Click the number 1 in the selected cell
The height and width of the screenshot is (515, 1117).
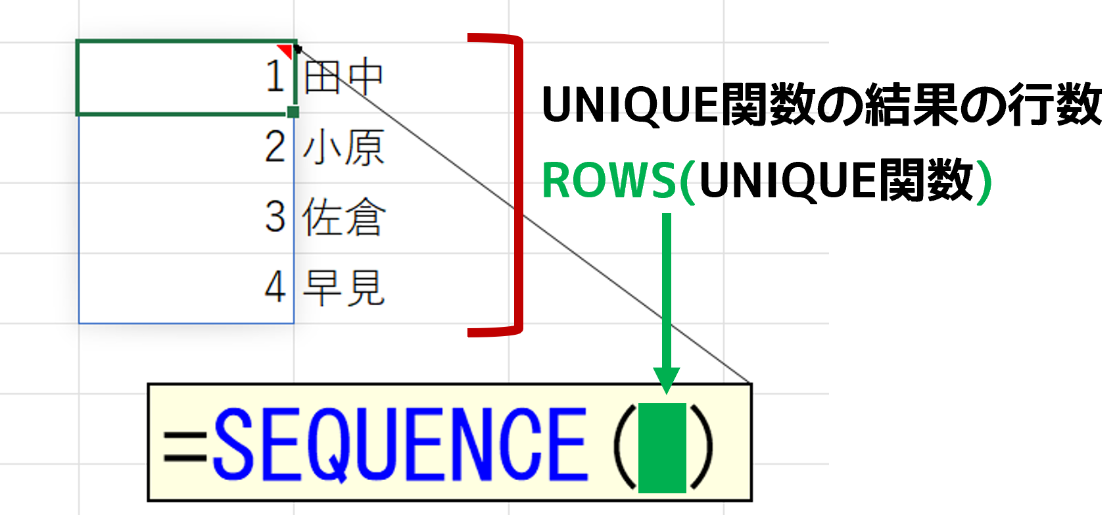click(275, 76)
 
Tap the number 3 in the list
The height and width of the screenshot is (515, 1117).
click(275, 217)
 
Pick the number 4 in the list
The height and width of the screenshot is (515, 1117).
click(275, 287)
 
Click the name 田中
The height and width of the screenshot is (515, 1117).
click(343, 77)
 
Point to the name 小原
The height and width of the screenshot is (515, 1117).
click(343, 147)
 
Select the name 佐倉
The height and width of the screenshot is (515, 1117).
click(343, 217)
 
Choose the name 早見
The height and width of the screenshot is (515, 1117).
click(343, 287)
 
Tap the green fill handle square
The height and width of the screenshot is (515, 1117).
click(293, 112)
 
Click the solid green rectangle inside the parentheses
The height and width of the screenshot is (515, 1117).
click(662, 448)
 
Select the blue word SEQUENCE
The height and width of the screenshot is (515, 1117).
click(400, 445)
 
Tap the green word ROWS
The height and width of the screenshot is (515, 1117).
click(608, 180)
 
